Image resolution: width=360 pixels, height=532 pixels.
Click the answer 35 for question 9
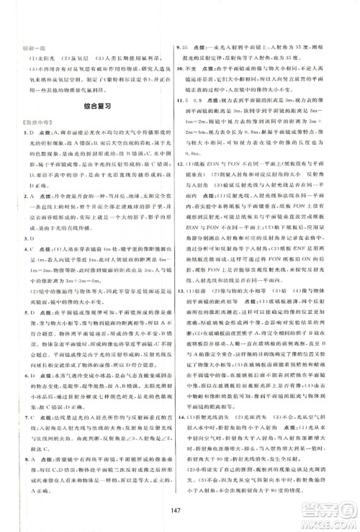pos(191,45)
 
